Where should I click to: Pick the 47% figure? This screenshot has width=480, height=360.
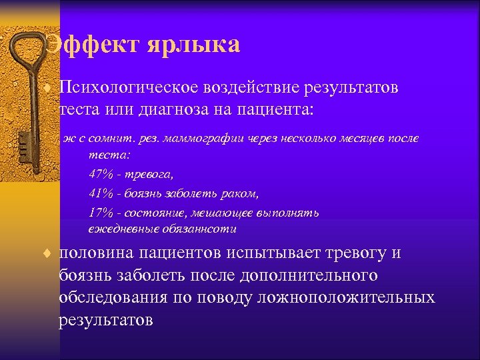(x=100, y=175)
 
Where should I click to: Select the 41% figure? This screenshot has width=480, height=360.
(x=100, y=194)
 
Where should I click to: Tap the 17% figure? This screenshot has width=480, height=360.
(x=100, y=213)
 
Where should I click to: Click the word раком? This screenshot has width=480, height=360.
(x=239, y=194)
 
